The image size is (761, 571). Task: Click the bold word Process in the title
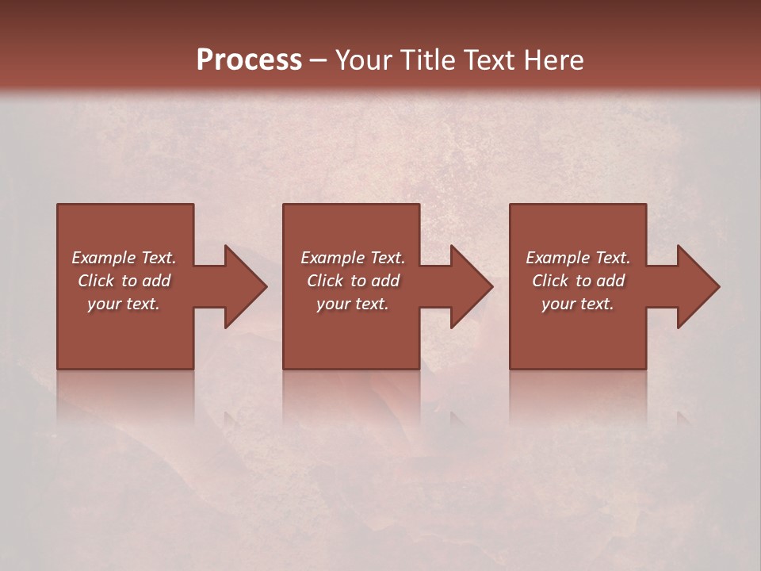click(x=249, y=60)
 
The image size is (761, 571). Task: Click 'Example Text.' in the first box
click(x=124, y=258)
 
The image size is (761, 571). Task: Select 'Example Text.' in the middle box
click(x=352, y=258)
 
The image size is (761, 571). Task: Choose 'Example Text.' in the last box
click(x=578, y=258)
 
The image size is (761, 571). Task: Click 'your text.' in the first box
click(x=124, y=304)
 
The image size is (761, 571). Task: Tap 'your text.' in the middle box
click(x=352, y=304)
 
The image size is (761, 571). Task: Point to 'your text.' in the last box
click(x=578, y=304)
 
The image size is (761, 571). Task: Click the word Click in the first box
click(x=97, y=281)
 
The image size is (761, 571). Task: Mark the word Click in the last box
click(x=551, y=281)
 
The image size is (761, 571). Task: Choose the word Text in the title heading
click(x=487, y=60)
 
